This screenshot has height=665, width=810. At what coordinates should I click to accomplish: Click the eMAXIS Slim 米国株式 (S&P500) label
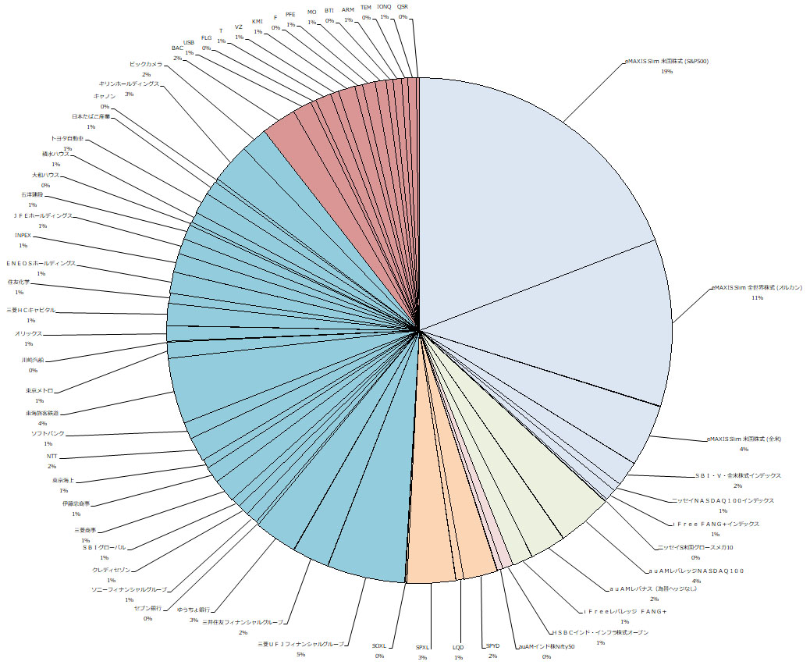(666, 60)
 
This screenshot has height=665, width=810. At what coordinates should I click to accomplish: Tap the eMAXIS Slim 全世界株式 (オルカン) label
(756, 287)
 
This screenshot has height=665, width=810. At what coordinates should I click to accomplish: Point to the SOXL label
(379, 646)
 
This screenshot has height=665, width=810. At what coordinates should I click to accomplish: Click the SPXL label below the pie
(422, 647)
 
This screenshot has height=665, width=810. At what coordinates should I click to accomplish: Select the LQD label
(458, 647)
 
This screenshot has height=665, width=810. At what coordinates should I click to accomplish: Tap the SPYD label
(492, 645)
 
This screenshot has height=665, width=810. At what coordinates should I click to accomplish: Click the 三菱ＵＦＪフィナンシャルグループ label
(300, 644)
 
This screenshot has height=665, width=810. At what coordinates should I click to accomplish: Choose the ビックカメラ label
(146, 63)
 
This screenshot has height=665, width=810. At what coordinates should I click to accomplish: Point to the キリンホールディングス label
(128, 83)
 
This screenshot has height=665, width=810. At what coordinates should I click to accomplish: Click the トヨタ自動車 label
(67, 138)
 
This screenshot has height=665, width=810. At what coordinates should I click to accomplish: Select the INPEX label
(23, 235)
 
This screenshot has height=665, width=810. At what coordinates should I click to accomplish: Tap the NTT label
(52, 455)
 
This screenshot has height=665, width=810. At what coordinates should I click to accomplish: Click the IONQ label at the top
(384, 6)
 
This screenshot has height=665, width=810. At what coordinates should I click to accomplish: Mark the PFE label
(290, 14)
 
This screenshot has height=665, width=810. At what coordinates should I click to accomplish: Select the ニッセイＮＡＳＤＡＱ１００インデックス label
(723, 500)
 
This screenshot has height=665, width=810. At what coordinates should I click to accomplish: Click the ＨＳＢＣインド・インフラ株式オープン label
(600, 632)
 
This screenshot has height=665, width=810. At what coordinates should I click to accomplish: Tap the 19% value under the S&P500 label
(666, 71)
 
